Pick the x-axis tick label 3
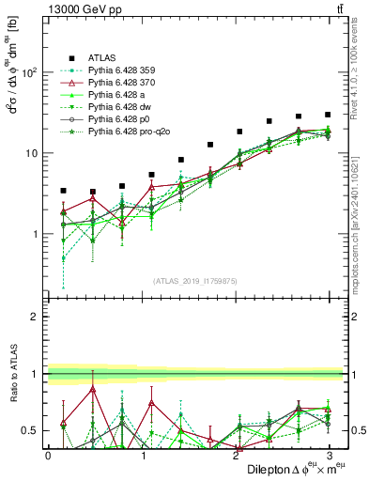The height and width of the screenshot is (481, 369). tap(328, 455)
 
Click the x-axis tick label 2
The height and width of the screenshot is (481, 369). tap(235, 455)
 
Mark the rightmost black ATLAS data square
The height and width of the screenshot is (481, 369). tap(328, 115)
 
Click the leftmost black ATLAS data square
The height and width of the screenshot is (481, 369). tap(63, 191)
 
